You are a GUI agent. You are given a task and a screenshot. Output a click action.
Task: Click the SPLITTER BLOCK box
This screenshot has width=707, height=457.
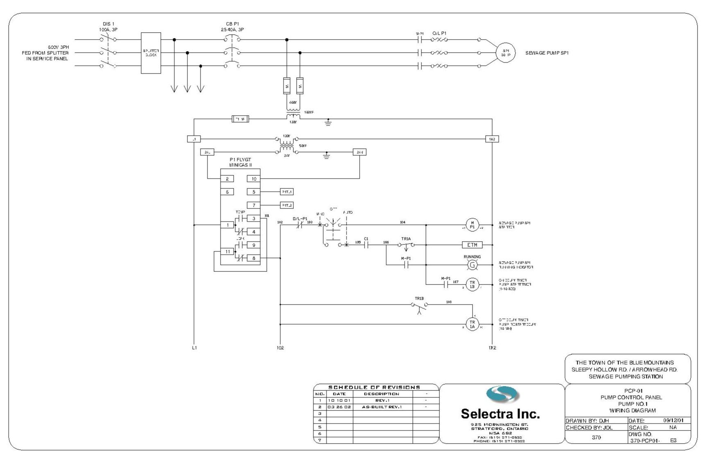click(151, 53)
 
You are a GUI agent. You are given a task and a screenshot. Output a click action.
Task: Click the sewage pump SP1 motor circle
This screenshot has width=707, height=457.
click(505, 53)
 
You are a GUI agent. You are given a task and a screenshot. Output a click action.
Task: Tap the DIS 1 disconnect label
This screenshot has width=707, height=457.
click(108, 27)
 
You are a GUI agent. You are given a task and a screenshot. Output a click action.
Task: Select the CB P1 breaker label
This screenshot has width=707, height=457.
click(232, 27)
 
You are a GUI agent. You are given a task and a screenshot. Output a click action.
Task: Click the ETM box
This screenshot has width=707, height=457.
click(472, 245)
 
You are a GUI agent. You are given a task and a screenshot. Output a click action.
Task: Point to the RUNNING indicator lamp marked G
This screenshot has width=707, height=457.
click(472, 265)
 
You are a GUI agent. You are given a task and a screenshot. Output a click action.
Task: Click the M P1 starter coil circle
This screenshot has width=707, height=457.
click(472, 225)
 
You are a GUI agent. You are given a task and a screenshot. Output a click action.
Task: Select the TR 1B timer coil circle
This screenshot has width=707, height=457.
click(472, 285)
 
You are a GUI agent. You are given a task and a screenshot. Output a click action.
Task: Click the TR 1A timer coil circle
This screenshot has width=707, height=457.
click(472, 324)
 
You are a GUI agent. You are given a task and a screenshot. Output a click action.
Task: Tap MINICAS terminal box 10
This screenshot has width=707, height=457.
click(254, 179)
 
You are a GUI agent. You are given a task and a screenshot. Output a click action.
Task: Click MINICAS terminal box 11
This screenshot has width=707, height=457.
click(227, 251)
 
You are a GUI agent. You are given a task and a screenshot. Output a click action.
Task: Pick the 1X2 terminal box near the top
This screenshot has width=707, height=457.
click(492, 139)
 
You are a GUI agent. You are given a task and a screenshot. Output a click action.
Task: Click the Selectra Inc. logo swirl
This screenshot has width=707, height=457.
click(502, 395)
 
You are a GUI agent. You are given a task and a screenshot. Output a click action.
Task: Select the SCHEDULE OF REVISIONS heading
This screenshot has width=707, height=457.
click(374, 387)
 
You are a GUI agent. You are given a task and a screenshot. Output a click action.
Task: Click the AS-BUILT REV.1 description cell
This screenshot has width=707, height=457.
click(382, 407)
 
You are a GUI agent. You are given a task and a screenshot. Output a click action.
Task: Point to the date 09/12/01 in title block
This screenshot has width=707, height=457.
click(675, 420)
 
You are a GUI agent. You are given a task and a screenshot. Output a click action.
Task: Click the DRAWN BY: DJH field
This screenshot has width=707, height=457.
click(587, 421)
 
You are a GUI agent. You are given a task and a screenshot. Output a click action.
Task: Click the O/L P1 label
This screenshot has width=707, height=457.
click(439, 33)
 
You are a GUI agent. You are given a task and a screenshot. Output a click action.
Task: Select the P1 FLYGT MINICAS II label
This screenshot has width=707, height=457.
click(240, 162)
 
